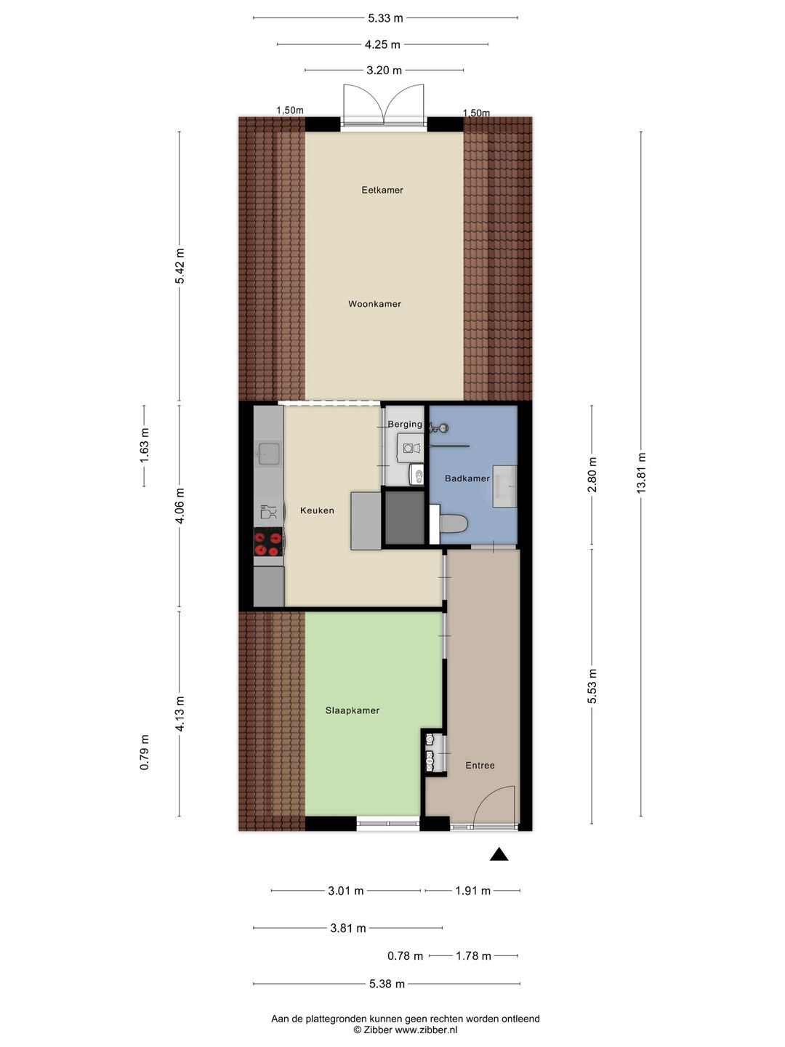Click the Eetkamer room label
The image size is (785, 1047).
click(382, 190)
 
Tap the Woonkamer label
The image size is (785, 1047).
click(374, 304)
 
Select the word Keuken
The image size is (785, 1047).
click(317, 510)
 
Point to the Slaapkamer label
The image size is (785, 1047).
click(353, 710)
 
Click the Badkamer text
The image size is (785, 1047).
click(467, 478)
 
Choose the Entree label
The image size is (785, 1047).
click(480, 766)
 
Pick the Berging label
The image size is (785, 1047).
click(405, 424)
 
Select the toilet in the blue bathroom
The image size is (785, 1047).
click(454, 524)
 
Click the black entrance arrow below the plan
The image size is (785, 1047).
click(499, 854)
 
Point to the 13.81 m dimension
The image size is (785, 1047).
click(641, 473)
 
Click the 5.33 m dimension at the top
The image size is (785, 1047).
click(385, 18)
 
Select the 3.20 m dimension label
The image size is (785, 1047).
click(385, 71)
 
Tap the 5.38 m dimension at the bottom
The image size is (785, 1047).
click(387, 984)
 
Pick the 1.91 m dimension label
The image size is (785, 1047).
click(472, 891)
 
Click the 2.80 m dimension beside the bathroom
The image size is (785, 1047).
click(592, 475)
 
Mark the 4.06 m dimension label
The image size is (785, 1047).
click(180, 506)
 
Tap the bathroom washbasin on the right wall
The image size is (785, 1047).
click(504, 486)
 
